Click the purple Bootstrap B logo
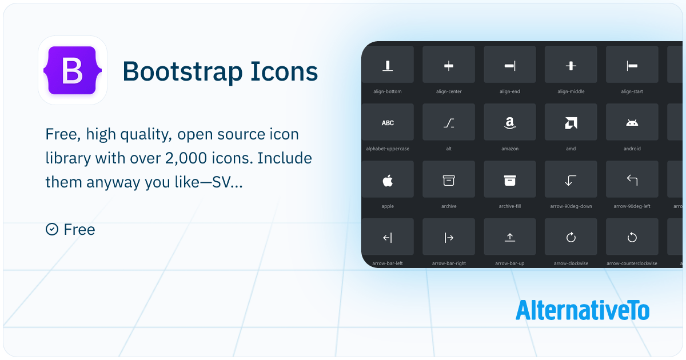tap(73, 70)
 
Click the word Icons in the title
tap(284, 71)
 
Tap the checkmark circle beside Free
tap(52, 229)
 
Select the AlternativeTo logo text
tap(582, 310)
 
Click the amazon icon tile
tap(509, 122)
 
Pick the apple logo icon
tap(388, 181)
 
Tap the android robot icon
tap(632, 123)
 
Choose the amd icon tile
tap(571, 122)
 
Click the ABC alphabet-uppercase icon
tap(388, 123)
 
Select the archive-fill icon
tap(509, 181)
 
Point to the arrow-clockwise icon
tap(571, 237)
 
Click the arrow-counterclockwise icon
tap(632, 237)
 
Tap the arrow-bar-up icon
tap(509, 237)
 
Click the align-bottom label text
tap(387, 91)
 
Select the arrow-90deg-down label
tap(571, 206)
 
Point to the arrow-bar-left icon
tap(388, 237)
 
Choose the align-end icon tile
tap(509, 64)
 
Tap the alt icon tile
tap(449, 122)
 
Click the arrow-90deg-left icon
tap(632, 180)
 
